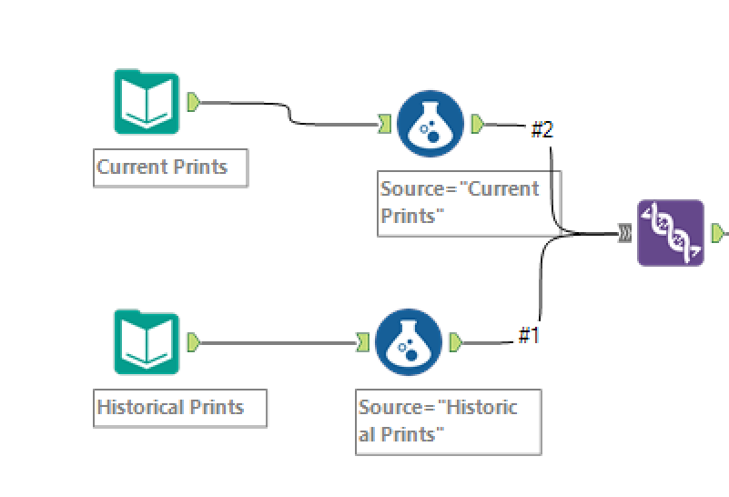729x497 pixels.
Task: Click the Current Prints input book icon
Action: [147, 101]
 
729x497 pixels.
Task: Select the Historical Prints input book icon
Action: [147, 341]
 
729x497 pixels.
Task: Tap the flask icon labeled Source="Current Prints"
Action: [430, 124]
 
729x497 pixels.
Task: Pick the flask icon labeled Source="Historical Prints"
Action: [409, 342]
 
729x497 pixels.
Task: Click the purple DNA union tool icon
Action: [671, 233]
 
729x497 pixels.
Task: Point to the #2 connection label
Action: [542, 129]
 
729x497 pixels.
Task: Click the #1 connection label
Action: [529, 335]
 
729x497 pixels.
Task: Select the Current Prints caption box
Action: [170, 167]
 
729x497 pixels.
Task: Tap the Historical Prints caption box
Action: [180, 408]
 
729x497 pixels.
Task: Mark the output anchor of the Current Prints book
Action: [194, 102]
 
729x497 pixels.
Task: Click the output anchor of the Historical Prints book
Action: [194, 342]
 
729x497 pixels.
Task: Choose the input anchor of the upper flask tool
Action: [384, 124]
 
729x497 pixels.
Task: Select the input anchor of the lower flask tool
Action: [362, 342]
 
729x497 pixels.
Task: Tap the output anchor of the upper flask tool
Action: [478, 124]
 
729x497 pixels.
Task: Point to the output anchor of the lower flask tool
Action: [456, 342]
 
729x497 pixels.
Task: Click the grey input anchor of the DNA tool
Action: [625, 233]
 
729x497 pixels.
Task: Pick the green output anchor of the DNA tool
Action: [718, 233]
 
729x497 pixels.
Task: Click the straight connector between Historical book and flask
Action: [278, 343]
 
